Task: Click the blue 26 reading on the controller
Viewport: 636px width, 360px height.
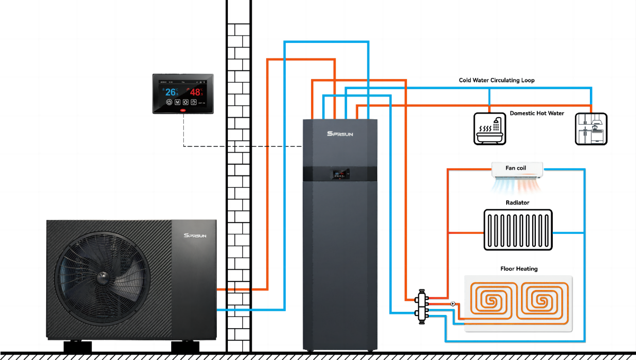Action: click(x=171, y=92)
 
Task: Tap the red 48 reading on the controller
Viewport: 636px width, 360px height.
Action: click(x=196, y=92)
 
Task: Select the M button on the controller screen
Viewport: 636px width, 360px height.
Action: click(x=177, y=102)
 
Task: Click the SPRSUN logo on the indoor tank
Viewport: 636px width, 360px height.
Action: click(x=340, y=134)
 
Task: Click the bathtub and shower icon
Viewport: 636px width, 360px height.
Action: click(x=488, y=128)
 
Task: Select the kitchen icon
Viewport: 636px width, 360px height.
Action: click(x=591, y=128)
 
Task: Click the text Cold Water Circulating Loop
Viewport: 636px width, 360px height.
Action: click(x=496, y=81)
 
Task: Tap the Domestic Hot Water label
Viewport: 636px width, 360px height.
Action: click(x=537, y=113)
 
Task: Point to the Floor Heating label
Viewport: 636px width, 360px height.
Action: click(x=519, y=269)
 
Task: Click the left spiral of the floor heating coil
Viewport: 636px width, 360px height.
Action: click(x=494, y=301)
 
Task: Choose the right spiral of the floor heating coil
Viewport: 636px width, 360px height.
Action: click(x=542, y=301)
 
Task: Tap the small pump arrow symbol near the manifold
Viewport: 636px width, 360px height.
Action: click(x=452, y=304)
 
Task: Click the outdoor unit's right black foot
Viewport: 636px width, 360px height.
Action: click(x=185, y=347)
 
